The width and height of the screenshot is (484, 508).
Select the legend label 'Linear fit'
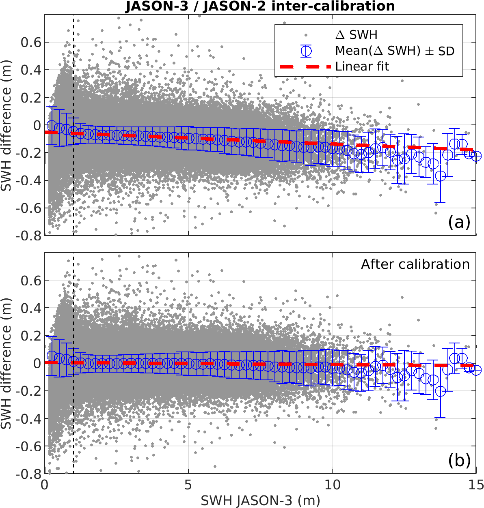click(362, 66)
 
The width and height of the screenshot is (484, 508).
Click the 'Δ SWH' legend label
click(357, 35)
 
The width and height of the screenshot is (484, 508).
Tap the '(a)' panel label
click(459, 222)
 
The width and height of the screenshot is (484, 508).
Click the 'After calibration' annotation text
click(415, 264)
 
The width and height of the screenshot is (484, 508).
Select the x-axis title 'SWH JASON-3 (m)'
click(260, 501)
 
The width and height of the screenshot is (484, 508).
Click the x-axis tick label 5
click(188, 485)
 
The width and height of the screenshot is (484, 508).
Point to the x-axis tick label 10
click(332, 485)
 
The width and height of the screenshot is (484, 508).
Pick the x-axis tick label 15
click(475, 485)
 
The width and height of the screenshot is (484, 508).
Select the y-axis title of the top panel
click(6, 125)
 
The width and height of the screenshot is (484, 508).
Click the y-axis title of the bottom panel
click(6, 364)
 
